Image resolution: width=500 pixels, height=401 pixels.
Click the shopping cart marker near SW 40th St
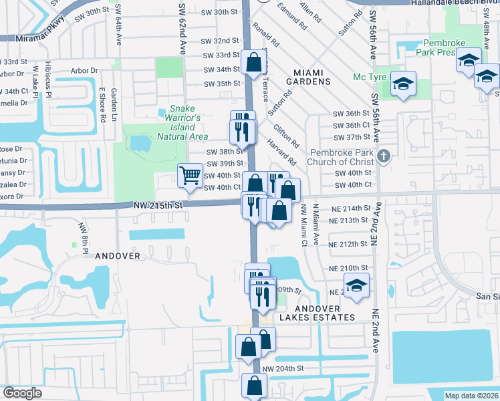pyautogui.click(x=191, y=176)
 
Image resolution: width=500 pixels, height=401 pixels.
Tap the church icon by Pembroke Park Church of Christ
pyautogui.click(x=383, y=157)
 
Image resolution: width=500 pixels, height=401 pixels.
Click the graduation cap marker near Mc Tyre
pyautogui.click(x=403, y=84)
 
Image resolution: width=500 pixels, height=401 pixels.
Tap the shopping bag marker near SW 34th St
pyautogui.click(x=254, y=63)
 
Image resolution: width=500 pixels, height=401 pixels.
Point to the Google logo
pyautogui.click(x=22, y=393)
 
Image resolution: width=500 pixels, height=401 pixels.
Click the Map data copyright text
pyautogui.click(x=471, y=396)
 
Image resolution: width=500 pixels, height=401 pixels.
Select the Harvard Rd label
pyautogui.click(x=283, y=152)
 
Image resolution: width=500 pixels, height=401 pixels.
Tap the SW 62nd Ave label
pyautogui.click(x=181, y=27)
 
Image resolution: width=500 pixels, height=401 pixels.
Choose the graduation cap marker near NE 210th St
pyautogui.click(x=357, y=287)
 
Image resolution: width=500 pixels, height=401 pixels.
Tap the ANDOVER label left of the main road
pyautogui.click(x=117, y=256)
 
